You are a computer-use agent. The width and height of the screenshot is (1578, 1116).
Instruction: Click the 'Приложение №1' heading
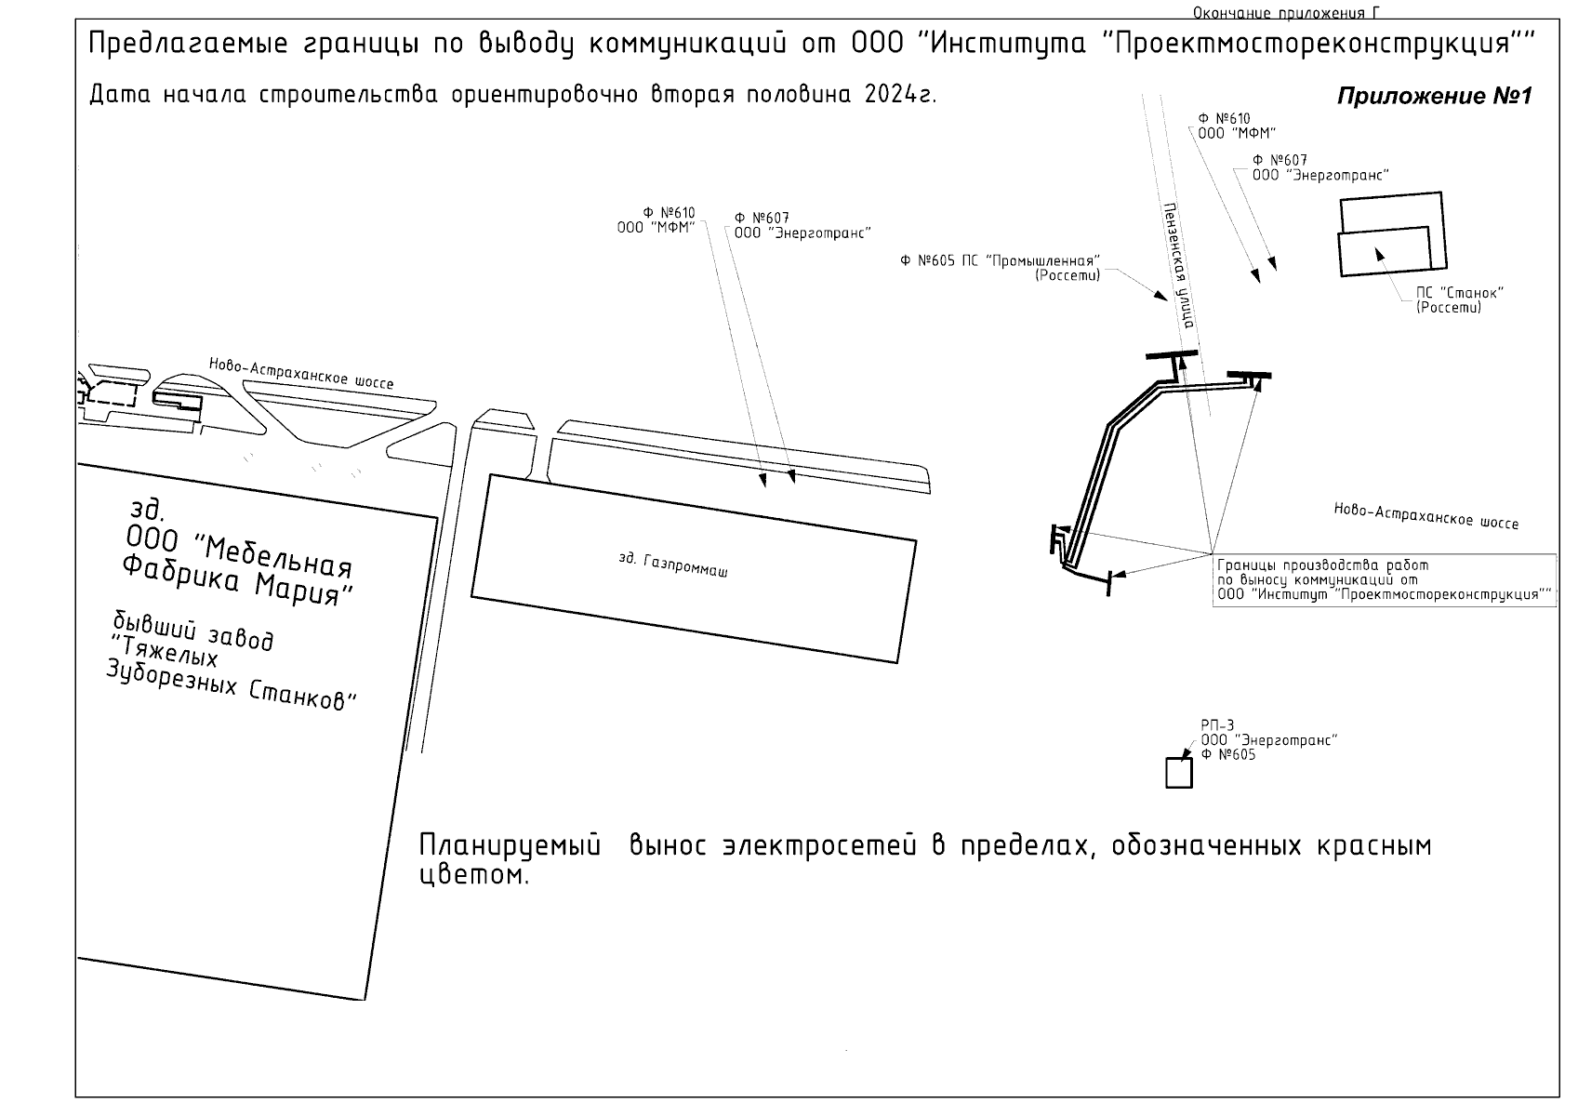pos(1434,97)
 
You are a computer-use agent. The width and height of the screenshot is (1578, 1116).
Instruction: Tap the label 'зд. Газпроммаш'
pos(672,565)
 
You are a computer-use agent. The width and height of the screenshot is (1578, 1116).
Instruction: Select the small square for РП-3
pos(1178,773)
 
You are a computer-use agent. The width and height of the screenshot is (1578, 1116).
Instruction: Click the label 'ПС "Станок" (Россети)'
pos(1459,299)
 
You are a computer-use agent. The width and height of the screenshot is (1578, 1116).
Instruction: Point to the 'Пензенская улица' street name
pos(1178,266)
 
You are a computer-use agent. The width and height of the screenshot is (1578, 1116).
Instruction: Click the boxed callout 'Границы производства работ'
pos(1384,579)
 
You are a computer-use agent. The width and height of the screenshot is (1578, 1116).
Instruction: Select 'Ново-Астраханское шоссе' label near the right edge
pos(1426,516)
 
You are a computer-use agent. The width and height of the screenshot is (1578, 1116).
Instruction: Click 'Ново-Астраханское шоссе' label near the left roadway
pos(300,373)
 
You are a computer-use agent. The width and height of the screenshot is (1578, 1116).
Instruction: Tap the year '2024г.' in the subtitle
pos(899,95)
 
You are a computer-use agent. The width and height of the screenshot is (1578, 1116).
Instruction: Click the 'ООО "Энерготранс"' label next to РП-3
pos(1269,740)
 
